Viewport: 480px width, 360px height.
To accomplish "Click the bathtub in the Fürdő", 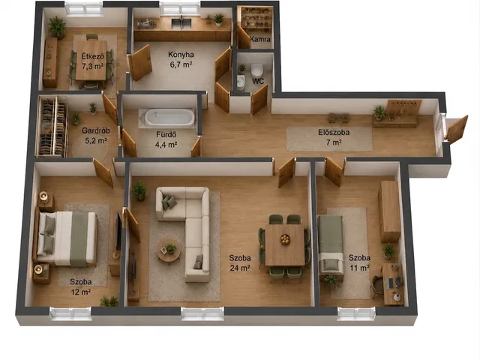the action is [x=169, y=117].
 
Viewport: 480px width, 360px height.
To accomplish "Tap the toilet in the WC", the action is [x=256, y=70].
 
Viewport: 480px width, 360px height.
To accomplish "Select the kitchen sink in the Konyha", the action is [x=181, y=23].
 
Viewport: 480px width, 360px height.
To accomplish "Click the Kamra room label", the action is [x=260, y=39].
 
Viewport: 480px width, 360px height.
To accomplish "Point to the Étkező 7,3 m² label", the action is [x=92, y=61].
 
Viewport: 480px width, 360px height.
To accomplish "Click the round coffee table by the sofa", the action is [x=169, y=250].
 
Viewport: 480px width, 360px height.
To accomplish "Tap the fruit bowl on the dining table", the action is [x=285, y=239].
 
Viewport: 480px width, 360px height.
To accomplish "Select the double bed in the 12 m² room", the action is [x=67, y=238].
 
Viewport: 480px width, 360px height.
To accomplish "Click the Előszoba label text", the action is [x=334, y=133].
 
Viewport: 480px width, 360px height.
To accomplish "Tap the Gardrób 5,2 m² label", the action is [x=95, y=136].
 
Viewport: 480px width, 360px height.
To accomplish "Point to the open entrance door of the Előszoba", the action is [x=457, y=128].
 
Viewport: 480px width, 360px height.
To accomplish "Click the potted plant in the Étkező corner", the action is [x=57, y=28].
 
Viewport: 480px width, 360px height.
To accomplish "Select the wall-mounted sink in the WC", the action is [x=241, y=82].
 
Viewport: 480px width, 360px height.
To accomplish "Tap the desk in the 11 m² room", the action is [x=393, y=284].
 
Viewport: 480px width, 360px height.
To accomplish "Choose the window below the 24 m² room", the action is [x=202, y=313].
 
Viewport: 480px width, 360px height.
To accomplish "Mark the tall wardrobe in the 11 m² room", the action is [x=389, y=211].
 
